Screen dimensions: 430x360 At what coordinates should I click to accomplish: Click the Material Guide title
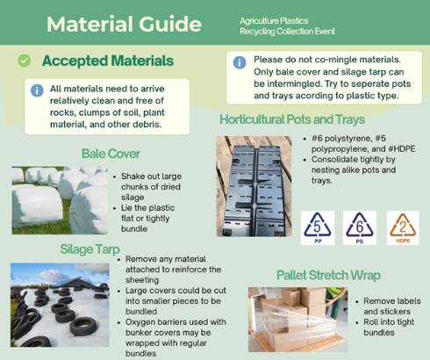coord(124,24)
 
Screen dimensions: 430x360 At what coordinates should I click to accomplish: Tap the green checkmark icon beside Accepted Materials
coord(24,61)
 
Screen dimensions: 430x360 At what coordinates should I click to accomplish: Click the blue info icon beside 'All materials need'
coord(37,90)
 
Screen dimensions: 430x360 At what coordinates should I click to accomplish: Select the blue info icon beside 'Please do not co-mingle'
coord(240,62)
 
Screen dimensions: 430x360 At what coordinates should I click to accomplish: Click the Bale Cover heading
coord(111,154)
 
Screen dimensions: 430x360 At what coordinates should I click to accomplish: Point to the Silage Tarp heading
coord(90,249)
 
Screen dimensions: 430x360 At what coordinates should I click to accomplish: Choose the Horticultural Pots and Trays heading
coord(292,119)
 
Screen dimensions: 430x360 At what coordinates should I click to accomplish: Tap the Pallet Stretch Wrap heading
coord(328,275)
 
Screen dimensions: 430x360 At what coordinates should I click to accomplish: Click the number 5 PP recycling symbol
coord(318,227)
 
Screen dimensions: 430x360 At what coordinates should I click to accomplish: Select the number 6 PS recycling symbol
coord(360,227)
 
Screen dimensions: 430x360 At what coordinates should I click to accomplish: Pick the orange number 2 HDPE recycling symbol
coord(403,227)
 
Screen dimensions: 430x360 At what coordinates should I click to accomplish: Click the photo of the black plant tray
coord(254,186)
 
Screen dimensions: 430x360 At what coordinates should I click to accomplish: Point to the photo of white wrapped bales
coord(60,200)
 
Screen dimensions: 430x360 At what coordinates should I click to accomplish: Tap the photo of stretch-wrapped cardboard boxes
coord(297,320)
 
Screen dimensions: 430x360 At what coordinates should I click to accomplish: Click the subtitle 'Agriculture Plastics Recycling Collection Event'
coord(287,26)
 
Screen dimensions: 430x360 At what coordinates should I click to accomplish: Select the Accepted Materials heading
coord(108,61)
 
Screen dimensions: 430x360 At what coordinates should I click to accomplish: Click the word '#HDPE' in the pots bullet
coord(402,148)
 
